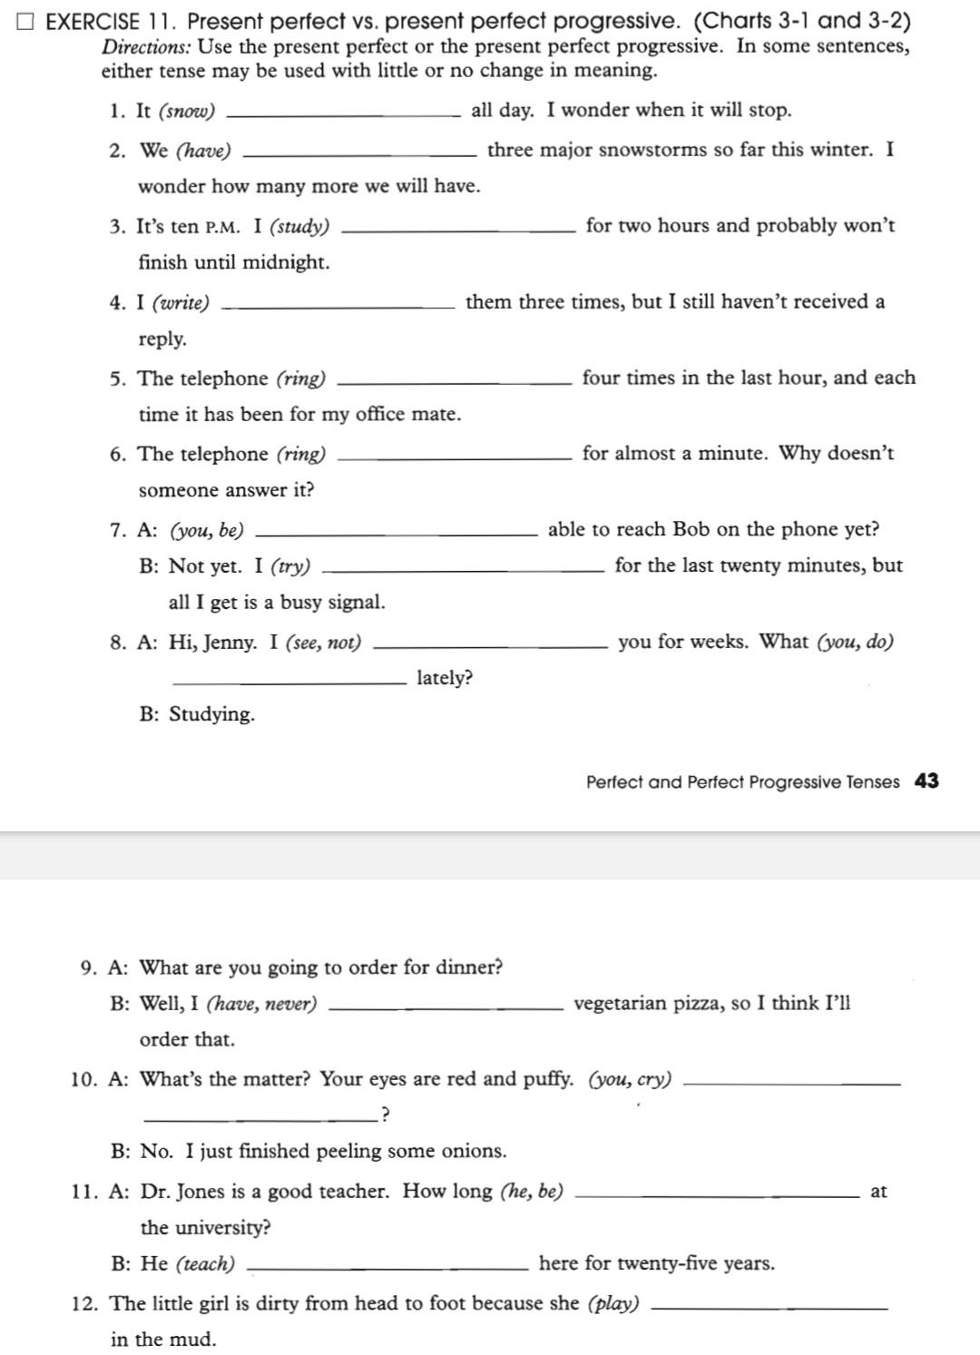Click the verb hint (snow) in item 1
(187, 112)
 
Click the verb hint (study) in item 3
(299, 227)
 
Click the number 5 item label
(117, 379)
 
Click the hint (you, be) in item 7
(207, 530)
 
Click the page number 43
(926, 781)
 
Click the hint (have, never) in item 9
(262, 1005)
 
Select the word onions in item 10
(474, 1152)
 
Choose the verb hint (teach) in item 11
(205, 1264)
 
